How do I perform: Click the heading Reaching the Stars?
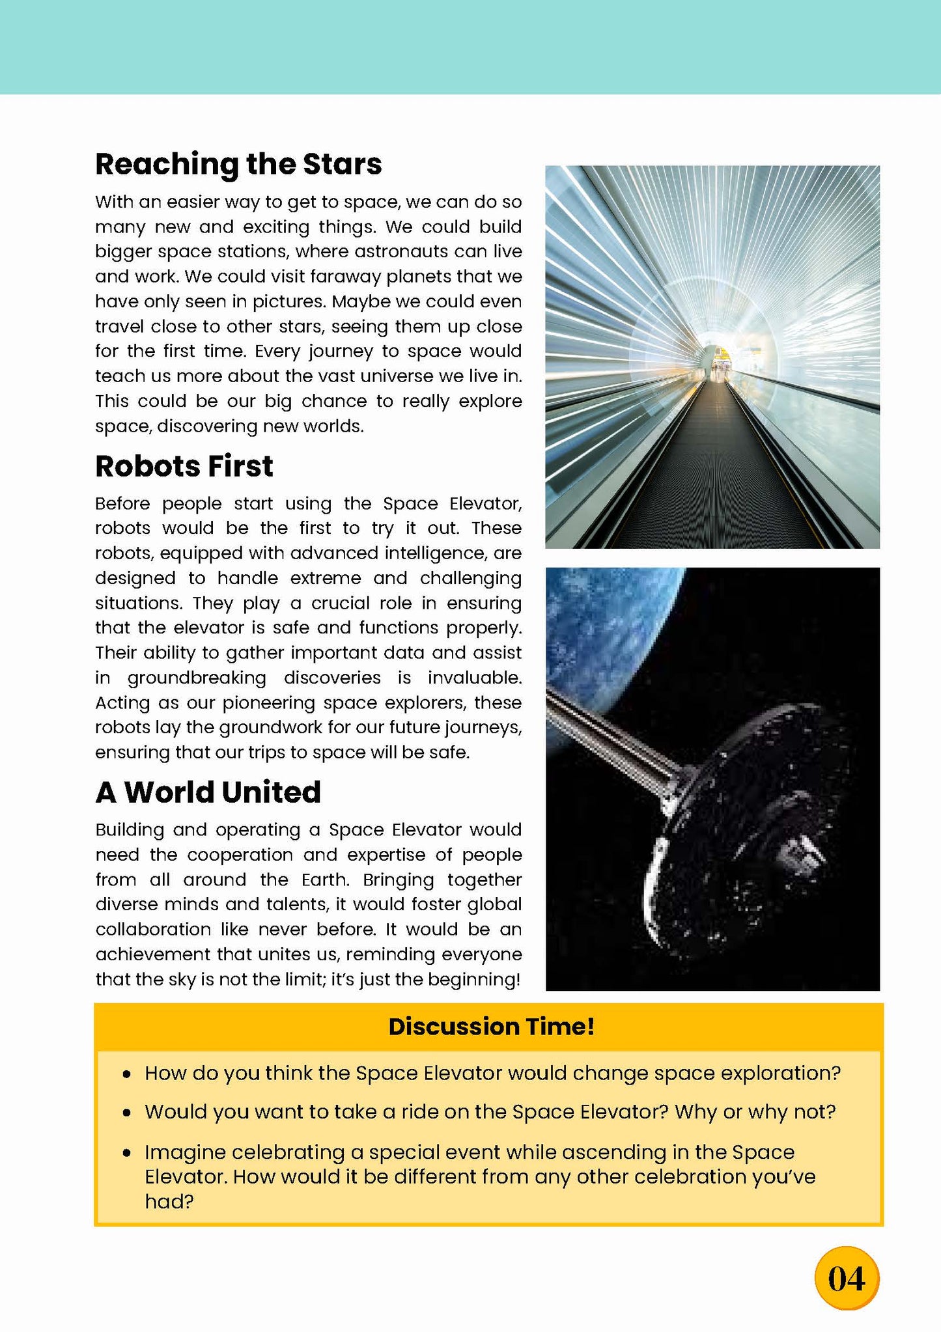238,164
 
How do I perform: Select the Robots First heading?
184,466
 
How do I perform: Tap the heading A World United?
208,792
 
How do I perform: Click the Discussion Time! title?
491,1027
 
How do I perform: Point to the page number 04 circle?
847,1279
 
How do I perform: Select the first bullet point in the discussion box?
128,1074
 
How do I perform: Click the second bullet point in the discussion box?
128,1113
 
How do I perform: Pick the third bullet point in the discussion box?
128,1153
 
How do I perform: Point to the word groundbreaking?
197,678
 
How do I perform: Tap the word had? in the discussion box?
169,1201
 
